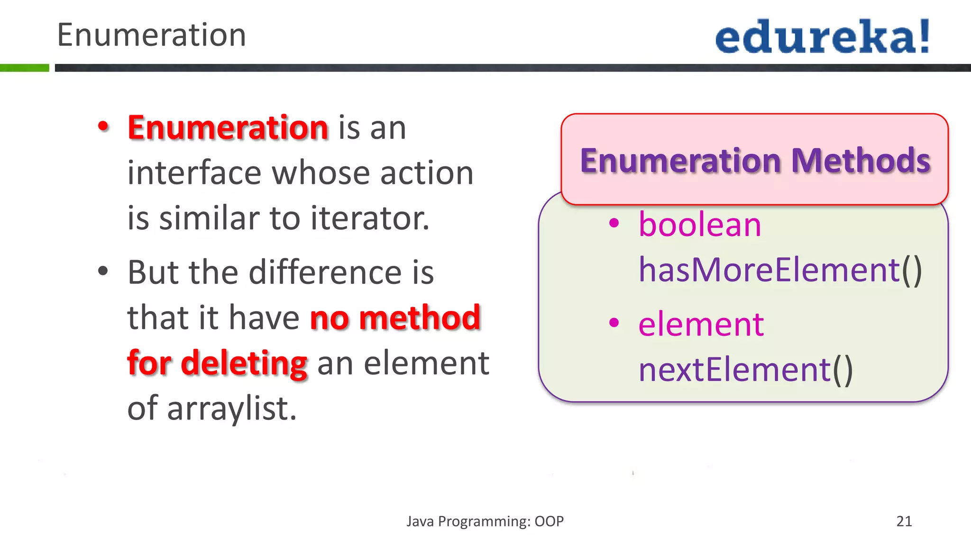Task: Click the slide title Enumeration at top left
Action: pyautogui.click(x=151, y=35)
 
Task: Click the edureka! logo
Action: pyautogui.click(x=822, y=37)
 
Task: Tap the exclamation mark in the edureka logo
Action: pyautogui.click(x=924, y=36)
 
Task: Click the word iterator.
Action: pyautogui.click(x=370, y=218)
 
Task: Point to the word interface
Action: pyautogui.click(x=194, y=173)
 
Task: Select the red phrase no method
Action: pyautogui.click(x=395, y=318)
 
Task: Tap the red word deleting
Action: pyautogui.click(x=244, y=363)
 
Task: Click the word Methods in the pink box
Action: pyautogui.click(x=861, y=161)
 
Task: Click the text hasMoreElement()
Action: pyautogui.click(x=780, y=270)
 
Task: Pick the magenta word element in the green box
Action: pyautogui.click(x=701, y=325)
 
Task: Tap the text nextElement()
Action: pyautogui.click(x=745, y=370)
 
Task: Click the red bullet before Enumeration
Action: pyautogui.click(x=103, y=127)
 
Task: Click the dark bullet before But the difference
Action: pyautogui.click(x=103, y=272)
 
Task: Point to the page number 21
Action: pyautogui.click(x=904, y=521)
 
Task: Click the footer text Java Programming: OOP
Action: pyautogui.click(x=485, y=521)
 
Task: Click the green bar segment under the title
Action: pyautogui.click(x=24, y=68)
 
